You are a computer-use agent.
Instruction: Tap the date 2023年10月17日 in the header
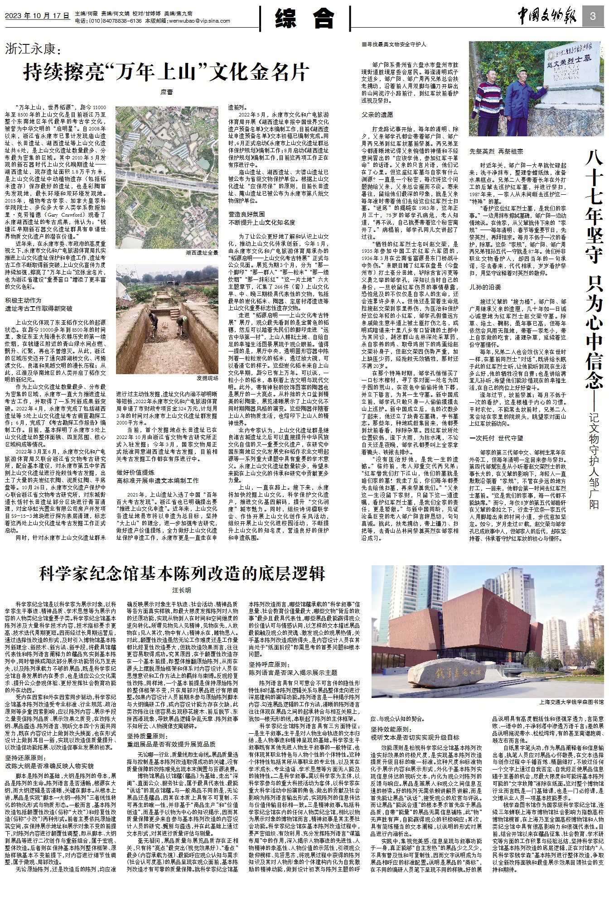(x=37, y=15)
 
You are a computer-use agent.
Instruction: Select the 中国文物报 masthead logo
(x=547, y=17)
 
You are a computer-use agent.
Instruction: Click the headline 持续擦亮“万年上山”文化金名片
(x=166, y=72)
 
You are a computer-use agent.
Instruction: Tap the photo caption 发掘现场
(x=207, y=378)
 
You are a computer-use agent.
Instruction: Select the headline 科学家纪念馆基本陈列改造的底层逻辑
(x=182, y=574)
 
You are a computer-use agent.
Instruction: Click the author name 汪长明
(x=181, y=591)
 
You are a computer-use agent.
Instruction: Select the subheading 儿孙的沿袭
(x=485, y=287)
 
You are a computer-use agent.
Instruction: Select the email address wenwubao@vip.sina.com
(x=199, y=21)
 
